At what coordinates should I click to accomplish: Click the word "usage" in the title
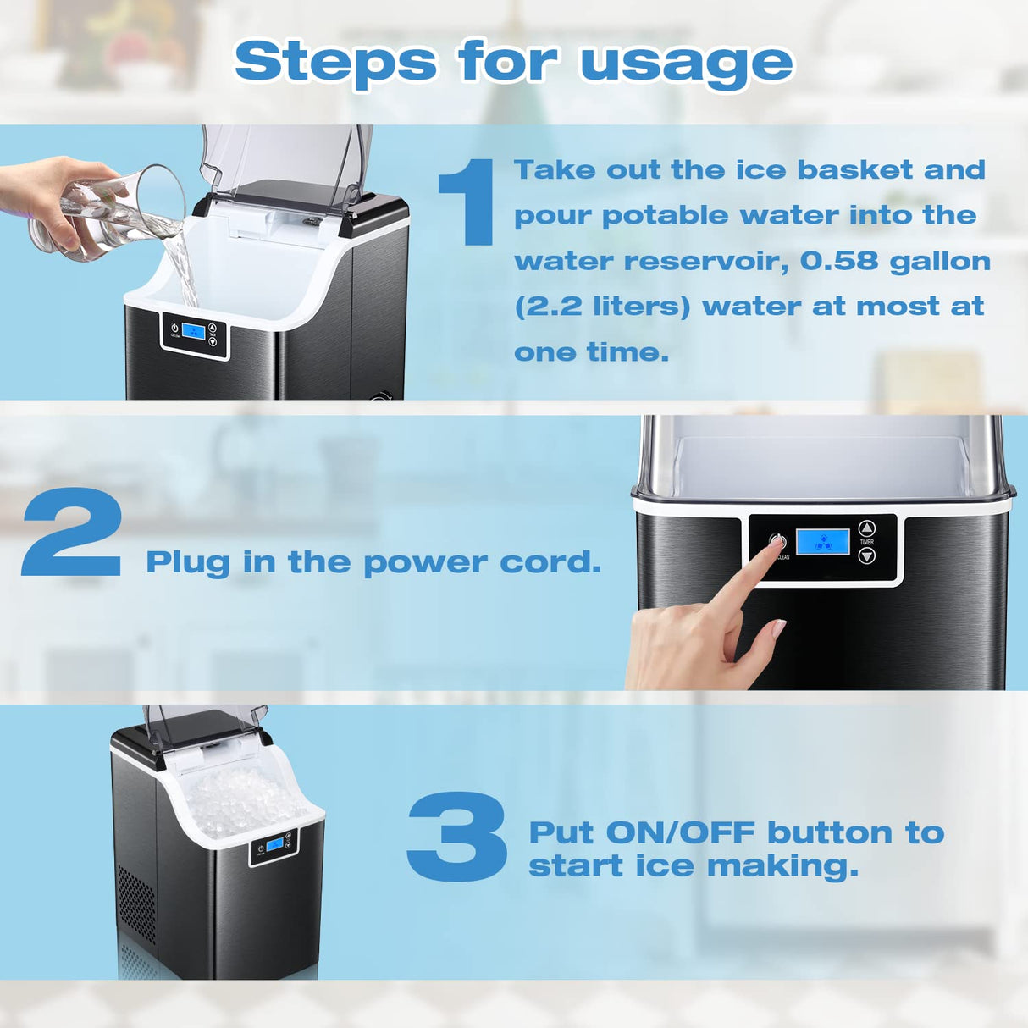[x=686, y=64]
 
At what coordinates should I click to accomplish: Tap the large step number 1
[x=468, y=203]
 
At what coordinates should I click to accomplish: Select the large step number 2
[x=72, y=533]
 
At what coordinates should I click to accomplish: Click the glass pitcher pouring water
[x=110, y=212]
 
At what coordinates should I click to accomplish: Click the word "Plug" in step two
[x=187, y=562]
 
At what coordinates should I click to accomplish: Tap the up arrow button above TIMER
[x=866, y=528]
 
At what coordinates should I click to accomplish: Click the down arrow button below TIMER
[x=866, y=556]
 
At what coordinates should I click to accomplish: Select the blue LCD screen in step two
[x=822, y=543]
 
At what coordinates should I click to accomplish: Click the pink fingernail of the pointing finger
[x=778, y=628]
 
